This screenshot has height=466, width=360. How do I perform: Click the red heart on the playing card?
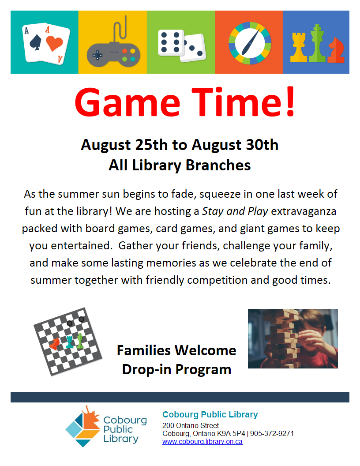[x=54, y=44]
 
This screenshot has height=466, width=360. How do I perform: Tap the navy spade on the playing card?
[x=36, y=42]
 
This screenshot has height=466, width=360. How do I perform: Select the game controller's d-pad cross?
[x=97, y=55]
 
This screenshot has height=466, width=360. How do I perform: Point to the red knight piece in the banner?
[x=336, y=50]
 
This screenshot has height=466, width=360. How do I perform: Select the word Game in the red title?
[x=127, y=102]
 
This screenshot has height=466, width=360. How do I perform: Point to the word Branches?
[x=218, y=165]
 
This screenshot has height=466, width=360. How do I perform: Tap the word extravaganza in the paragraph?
[x=304, y=211]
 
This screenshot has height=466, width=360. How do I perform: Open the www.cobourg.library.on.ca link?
[x=202, y=442]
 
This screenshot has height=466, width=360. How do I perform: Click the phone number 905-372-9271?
[x=272, y=434]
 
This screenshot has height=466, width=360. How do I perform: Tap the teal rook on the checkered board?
[x=70, y=342]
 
